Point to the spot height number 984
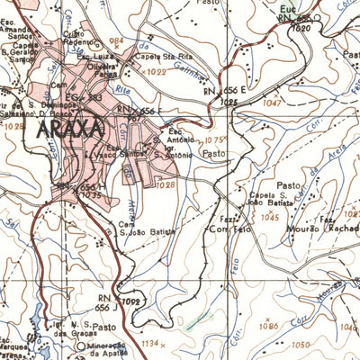(114, 41)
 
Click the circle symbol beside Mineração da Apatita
(79, 345)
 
